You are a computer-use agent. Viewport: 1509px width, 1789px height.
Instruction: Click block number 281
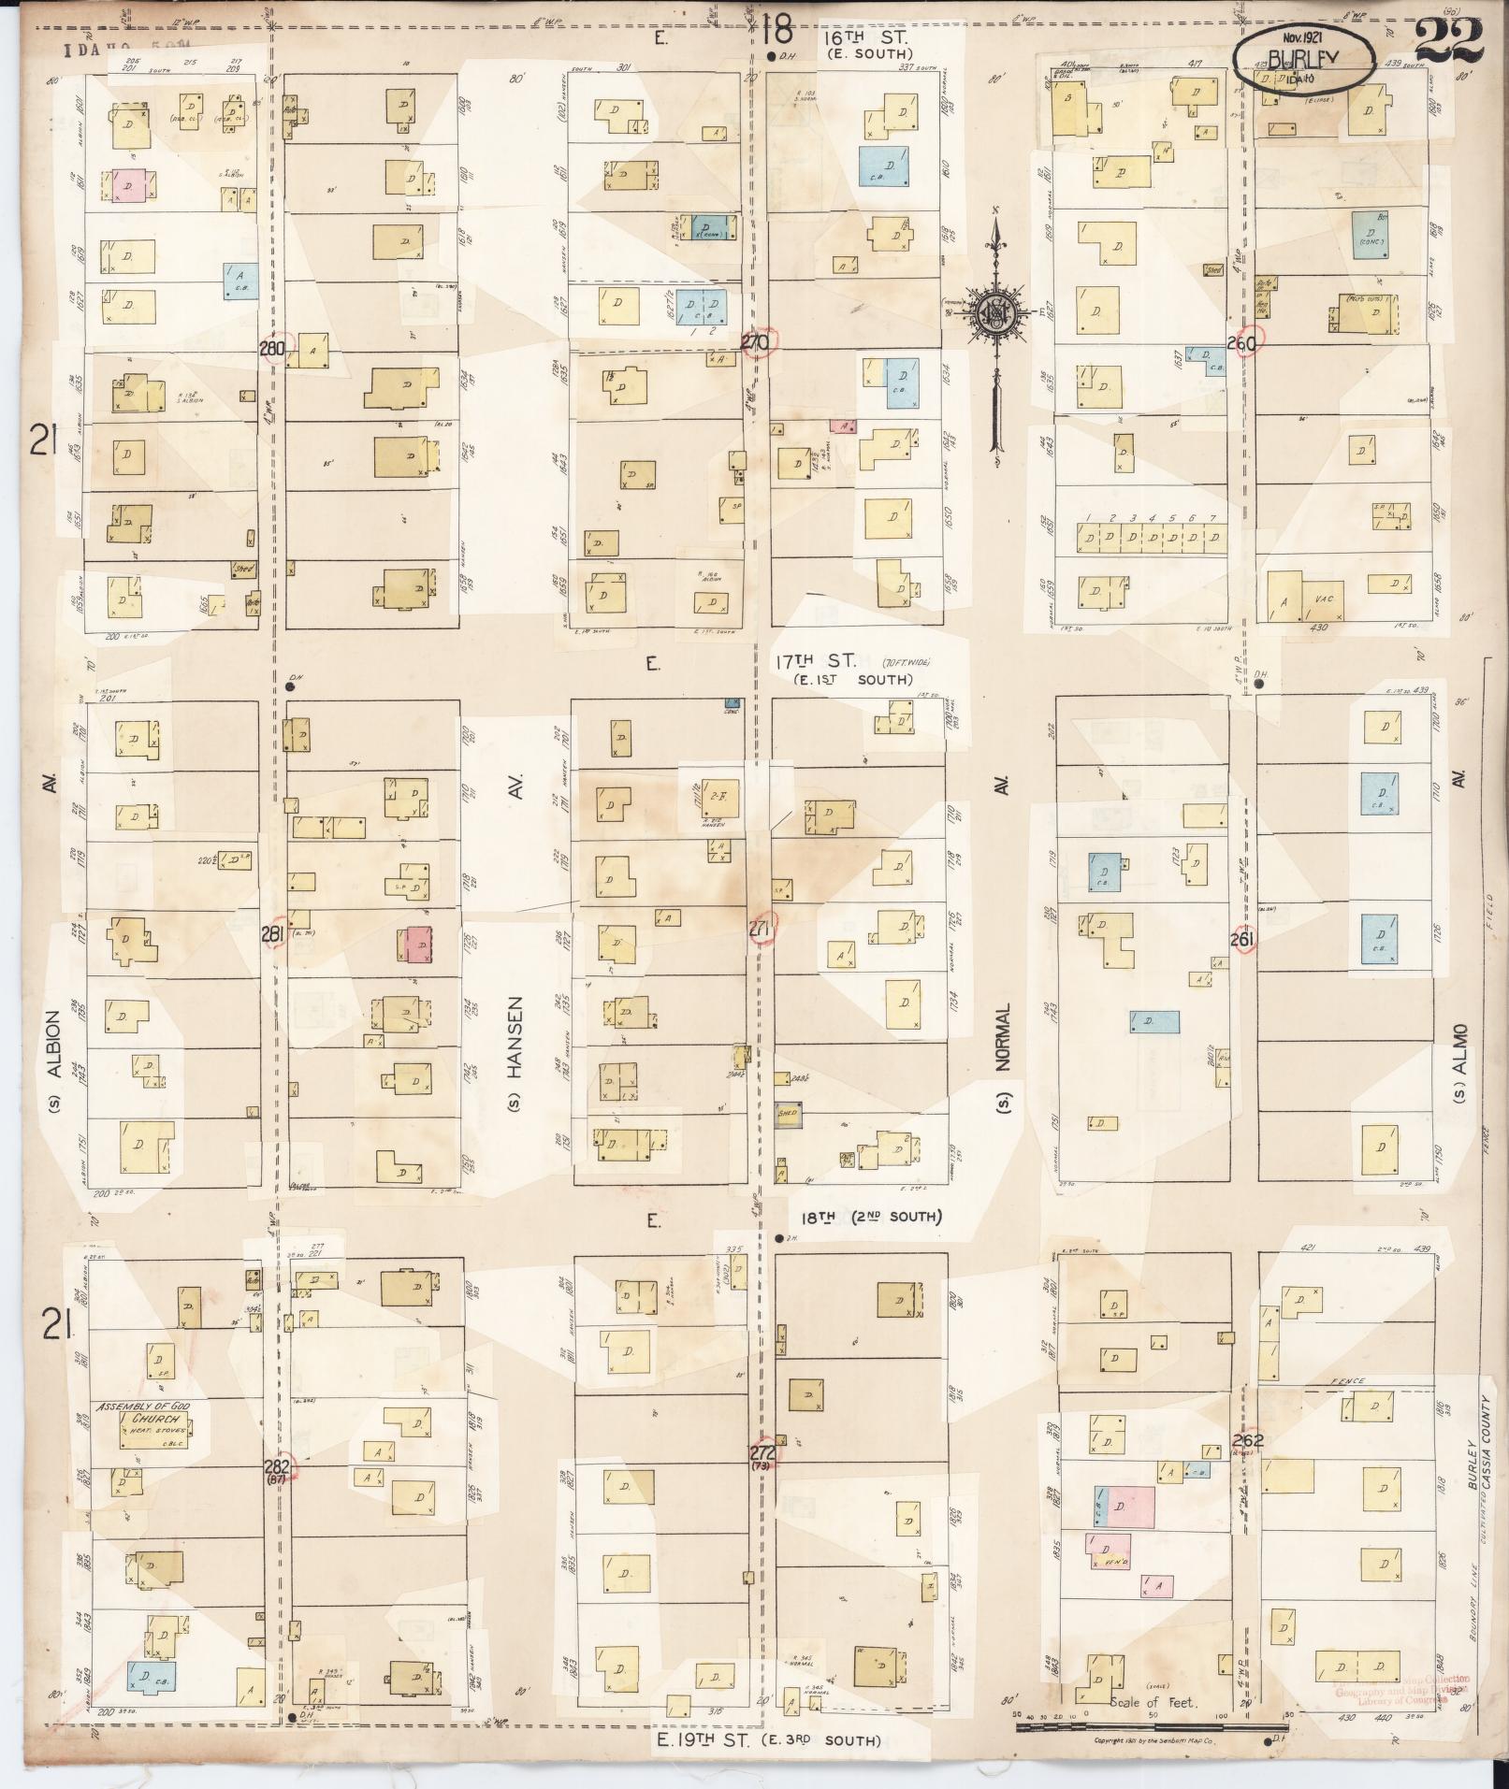tap(272, 933)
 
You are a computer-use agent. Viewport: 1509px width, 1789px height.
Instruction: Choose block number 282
tap(277, 1466)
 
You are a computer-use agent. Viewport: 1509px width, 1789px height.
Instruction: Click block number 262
tap(1248, 1441)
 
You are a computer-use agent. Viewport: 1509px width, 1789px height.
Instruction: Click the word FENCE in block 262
tap(1352, 1381)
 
